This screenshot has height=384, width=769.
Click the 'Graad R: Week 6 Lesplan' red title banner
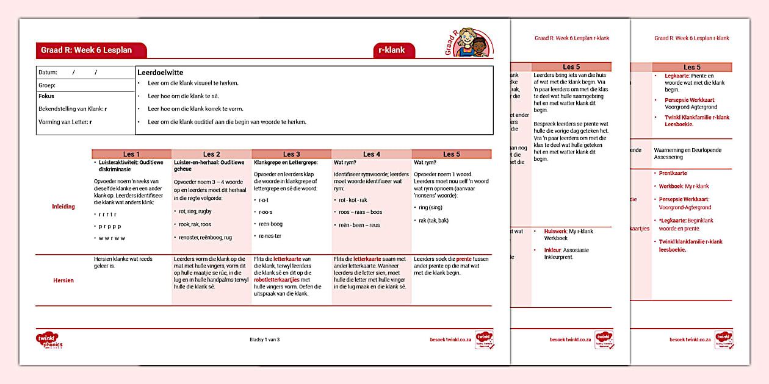tap(91, 50)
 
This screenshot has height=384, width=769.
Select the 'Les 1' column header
tap(131, 154)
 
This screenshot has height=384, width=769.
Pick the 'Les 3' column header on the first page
tap(291, 154)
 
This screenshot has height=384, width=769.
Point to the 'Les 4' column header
tap(371, 154)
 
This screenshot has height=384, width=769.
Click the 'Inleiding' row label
tap(63, 207)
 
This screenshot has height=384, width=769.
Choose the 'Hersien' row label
tap(63, 280)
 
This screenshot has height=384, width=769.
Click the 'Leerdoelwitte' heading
tap(161, 73)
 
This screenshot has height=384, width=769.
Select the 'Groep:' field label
tap(47, 85)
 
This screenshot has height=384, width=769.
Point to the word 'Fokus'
tap(46, 96)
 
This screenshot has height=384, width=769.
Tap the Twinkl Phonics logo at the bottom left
tap(49, 340)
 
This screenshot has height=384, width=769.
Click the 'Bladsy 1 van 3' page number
tap(264, 340)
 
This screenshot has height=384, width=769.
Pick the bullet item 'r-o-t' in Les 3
tap(264, 199)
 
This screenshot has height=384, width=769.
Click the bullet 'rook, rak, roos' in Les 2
tap(195, 224)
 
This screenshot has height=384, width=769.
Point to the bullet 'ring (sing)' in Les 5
tap(431, 207)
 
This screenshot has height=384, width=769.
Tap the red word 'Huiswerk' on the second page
tap(554, 232)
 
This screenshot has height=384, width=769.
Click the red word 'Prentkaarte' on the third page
tap(673, 173)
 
